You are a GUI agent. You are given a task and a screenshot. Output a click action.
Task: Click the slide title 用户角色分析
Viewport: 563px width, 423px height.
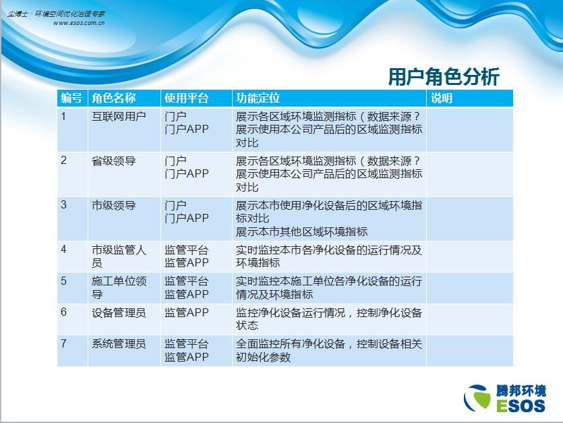(x=444, y=76)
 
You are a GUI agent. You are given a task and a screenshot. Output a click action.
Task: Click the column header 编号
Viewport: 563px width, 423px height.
(x=71, y=98)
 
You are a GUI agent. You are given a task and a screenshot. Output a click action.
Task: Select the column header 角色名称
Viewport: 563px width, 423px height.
(x=113, y=98)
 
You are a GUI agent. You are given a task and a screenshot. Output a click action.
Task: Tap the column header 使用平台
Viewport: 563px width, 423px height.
(x=186, y=98)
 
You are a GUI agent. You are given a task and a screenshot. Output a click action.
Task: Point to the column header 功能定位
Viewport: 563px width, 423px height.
(x=258, y=98)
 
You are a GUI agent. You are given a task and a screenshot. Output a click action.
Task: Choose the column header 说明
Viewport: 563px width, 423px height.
(x=441, y=98)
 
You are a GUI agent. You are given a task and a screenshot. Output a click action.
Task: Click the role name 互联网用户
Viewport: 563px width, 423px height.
(x=119, y=117)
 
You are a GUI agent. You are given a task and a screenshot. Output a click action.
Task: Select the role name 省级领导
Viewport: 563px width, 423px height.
(x=113, y=161)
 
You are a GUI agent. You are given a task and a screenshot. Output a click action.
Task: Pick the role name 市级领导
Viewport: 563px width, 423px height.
(x=113, y=205)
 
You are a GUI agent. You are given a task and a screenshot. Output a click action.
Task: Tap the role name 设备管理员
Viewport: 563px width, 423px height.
(x=119, y=312)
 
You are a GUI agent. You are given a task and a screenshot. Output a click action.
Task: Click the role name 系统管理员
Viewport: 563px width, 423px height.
(x=119, y=344)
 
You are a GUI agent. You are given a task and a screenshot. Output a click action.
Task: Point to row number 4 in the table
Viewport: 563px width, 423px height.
(x=63, y=249)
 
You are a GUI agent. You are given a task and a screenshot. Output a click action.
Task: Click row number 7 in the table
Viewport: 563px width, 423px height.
(x=63, y=343)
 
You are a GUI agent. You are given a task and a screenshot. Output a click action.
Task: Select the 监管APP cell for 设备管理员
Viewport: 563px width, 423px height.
(x=186, y=312)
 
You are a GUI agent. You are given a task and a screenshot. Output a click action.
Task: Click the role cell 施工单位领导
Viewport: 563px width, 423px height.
(x=119, y=287)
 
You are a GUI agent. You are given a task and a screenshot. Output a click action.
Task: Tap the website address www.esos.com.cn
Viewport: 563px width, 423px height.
(x=79, y=23)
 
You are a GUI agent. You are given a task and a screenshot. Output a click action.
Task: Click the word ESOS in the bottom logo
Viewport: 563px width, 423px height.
(x=521, y=405)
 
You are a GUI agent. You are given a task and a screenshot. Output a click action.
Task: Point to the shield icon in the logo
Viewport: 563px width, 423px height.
(x=477, y=398)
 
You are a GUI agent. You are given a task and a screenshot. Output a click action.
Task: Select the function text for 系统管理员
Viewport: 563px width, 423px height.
(x=328, y=350)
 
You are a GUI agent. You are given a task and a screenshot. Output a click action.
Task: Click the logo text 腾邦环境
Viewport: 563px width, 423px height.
(x=521, y=391)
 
